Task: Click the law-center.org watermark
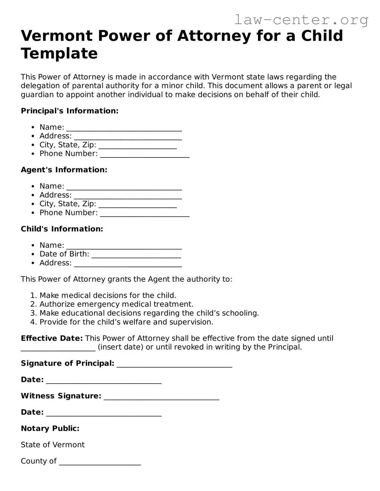pyautogui.click(x=301, y=20)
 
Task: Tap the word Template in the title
pyautogui.click(x=59, y=53)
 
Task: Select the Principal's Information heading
pyautogui.click(x=69, y=111)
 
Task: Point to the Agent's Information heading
pyautogui.click(x=64, y=170)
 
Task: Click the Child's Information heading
pyautogui.click(x=62, y=229)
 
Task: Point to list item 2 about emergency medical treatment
pyautogui.click(x=116, y=304)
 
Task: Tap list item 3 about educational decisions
pyautogui.click(x=149, y=313)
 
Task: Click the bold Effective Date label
pyautogui.click(x=52, y=338)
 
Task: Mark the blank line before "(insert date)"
pyautogui.click(x=58, y=348)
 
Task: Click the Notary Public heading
pyautogui.click(x=50, y=428)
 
